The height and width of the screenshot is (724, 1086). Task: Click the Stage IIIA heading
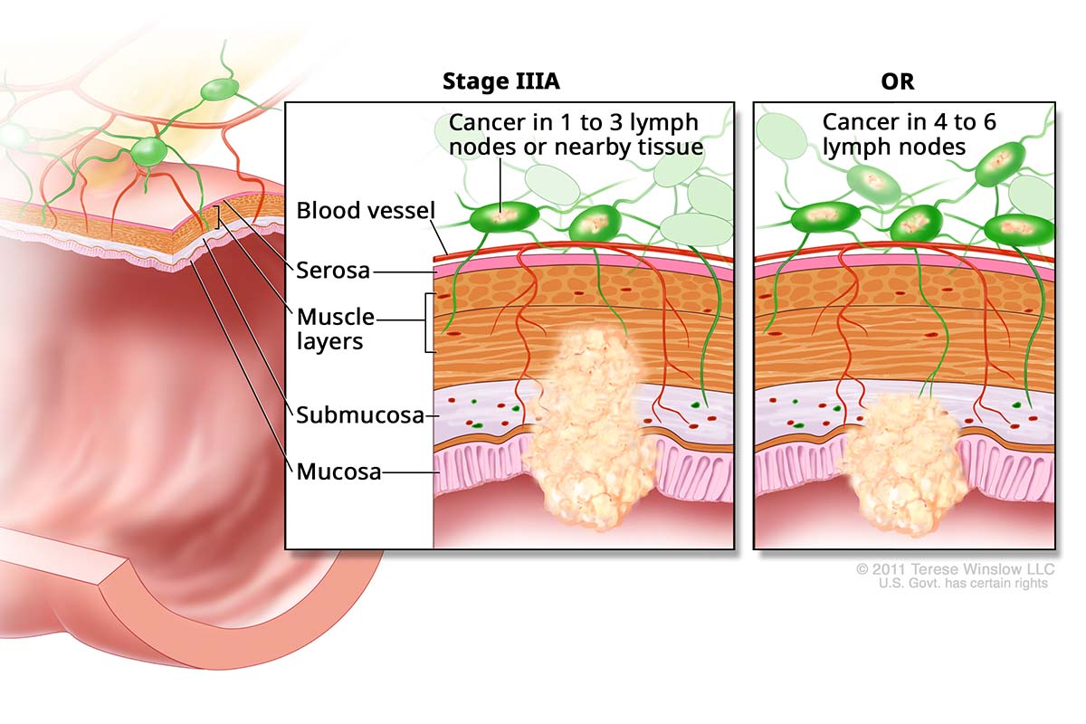click(x=500, y=81)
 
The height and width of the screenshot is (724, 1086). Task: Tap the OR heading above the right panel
click(x=897, y=81)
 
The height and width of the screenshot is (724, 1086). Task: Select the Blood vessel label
click(x=366, y=211)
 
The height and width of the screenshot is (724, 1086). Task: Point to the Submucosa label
click(x=360, y=415)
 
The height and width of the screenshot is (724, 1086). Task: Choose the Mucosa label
click(x=338, y=472)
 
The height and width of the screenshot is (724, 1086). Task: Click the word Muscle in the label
click(x=336, y=318)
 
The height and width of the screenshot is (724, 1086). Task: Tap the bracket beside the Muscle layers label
click(x=428, y=322)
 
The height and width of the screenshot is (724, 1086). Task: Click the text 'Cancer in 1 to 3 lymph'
click(x=575, y=122)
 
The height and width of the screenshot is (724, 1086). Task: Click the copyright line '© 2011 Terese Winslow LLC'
click(x=956, y=569)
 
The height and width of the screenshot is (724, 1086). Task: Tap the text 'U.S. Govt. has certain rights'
click(x=962, y=584)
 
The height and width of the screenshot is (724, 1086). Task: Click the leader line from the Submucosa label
click(x=431, y=416)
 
